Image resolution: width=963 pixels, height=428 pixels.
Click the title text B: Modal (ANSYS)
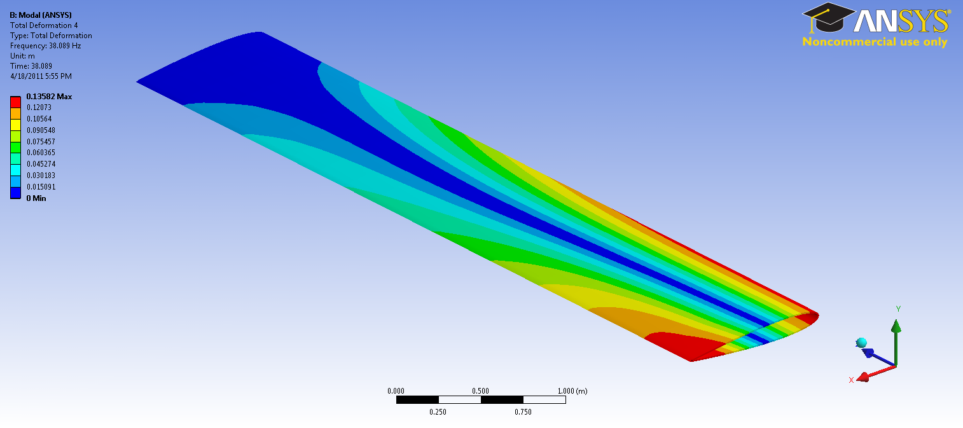[x=41, y=15]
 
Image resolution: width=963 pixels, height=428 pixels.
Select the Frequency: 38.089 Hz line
[x=46, y=46]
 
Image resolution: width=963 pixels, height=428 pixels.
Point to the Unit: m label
[x=22, y=56]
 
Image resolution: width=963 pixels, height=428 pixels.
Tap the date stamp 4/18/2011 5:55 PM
[x=41, y=76]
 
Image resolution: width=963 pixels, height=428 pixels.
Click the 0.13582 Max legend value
[x=49, y=97]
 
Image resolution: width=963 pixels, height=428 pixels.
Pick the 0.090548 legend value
[x=41, y=130]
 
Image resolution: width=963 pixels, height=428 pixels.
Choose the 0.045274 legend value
[x=41, y=164]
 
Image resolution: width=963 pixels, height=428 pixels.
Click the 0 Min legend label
[x=36, y=198]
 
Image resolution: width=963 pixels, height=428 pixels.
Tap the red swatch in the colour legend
[x=15, y=102]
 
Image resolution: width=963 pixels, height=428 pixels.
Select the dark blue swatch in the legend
[x=15, y=193]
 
